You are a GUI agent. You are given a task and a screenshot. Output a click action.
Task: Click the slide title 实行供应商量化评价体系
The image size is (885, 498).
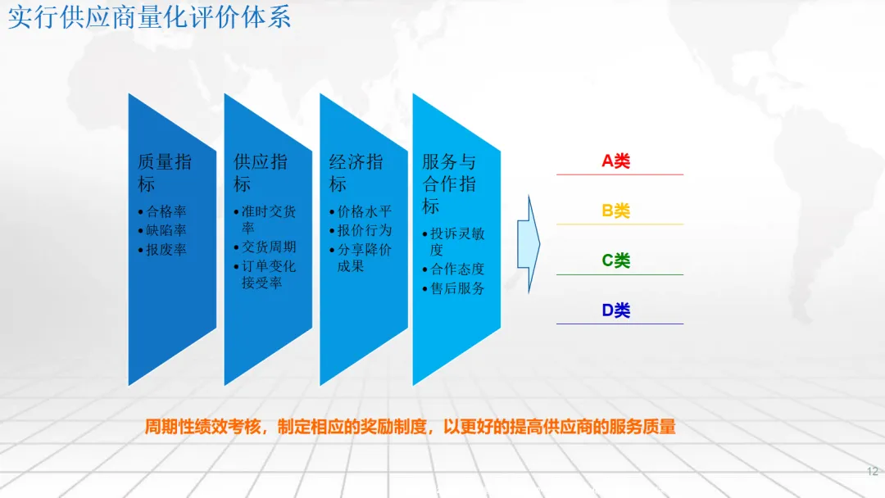(150, 17)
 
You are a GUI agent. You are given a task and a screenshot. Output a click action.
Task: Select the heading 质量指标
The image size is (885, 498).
(165, 173)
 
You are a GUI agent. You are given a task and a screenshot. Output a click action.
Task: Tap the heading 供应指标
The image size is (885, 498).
(261, 173)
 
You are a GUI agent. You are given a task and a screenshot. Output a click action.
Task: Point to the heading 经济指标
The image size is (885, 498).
(356, 173)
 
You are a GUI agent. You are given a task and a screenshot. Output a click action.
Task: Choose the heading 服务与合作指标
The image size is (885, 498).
(449, 183)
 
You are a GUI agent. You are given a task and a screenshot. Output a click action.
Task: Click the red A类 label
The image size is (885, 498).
(615, 161)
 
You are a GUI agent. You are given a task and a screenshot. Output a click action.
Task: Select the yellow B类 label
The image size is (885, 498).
(615, 211)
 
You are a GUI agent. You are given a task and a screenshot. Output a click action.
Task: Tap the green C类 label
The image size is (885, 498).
(615, 260)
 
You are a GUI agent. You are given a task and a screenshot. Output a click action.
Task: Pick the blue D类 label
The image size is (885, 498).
(615, 310)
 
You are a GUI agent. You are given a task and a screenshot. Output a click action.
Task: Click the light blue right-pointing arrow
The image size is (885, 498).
(529, 244)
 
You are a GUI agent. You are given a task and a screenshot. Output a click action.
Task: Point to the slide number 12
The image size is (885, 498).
(873, 472)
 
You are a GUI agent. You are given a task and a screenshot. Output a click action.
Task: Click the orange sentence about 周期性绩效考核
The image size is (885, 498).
(411, 427)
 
